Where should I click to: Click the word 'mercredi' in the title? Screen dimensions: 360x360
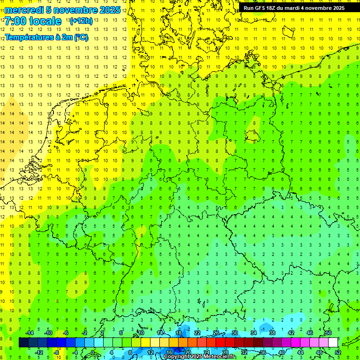tap(24, 10)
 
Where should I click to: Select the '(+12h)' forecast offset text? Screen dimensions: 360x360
tap(81, 21)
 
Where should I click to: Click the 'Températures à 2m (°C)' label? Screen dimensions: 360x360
tap(46, 37)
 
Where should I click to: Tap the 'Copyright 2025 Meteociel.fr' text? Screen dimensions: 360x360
tap(200, 357)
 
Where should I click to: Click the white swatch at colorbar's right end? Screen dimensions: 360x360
tap(333, 343)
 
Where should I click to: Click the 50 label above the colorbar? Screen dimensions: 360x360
tap(329, 333)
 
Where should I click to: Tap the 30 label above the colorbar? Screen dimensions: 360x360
tap(235, 333)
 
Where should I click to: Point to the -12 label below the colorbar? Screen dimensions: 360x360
tap(39, 352)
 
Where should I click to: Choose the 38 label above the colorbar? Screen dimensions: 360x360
tap(272, 333)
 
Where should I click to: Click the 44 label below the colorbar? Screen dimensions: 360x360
tap(300, 352)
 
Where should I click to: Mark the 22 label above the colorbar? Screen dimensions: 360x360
tap(197, 333)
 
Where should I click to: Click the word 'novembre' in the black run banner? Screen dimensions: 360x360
tap(315, 7)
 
